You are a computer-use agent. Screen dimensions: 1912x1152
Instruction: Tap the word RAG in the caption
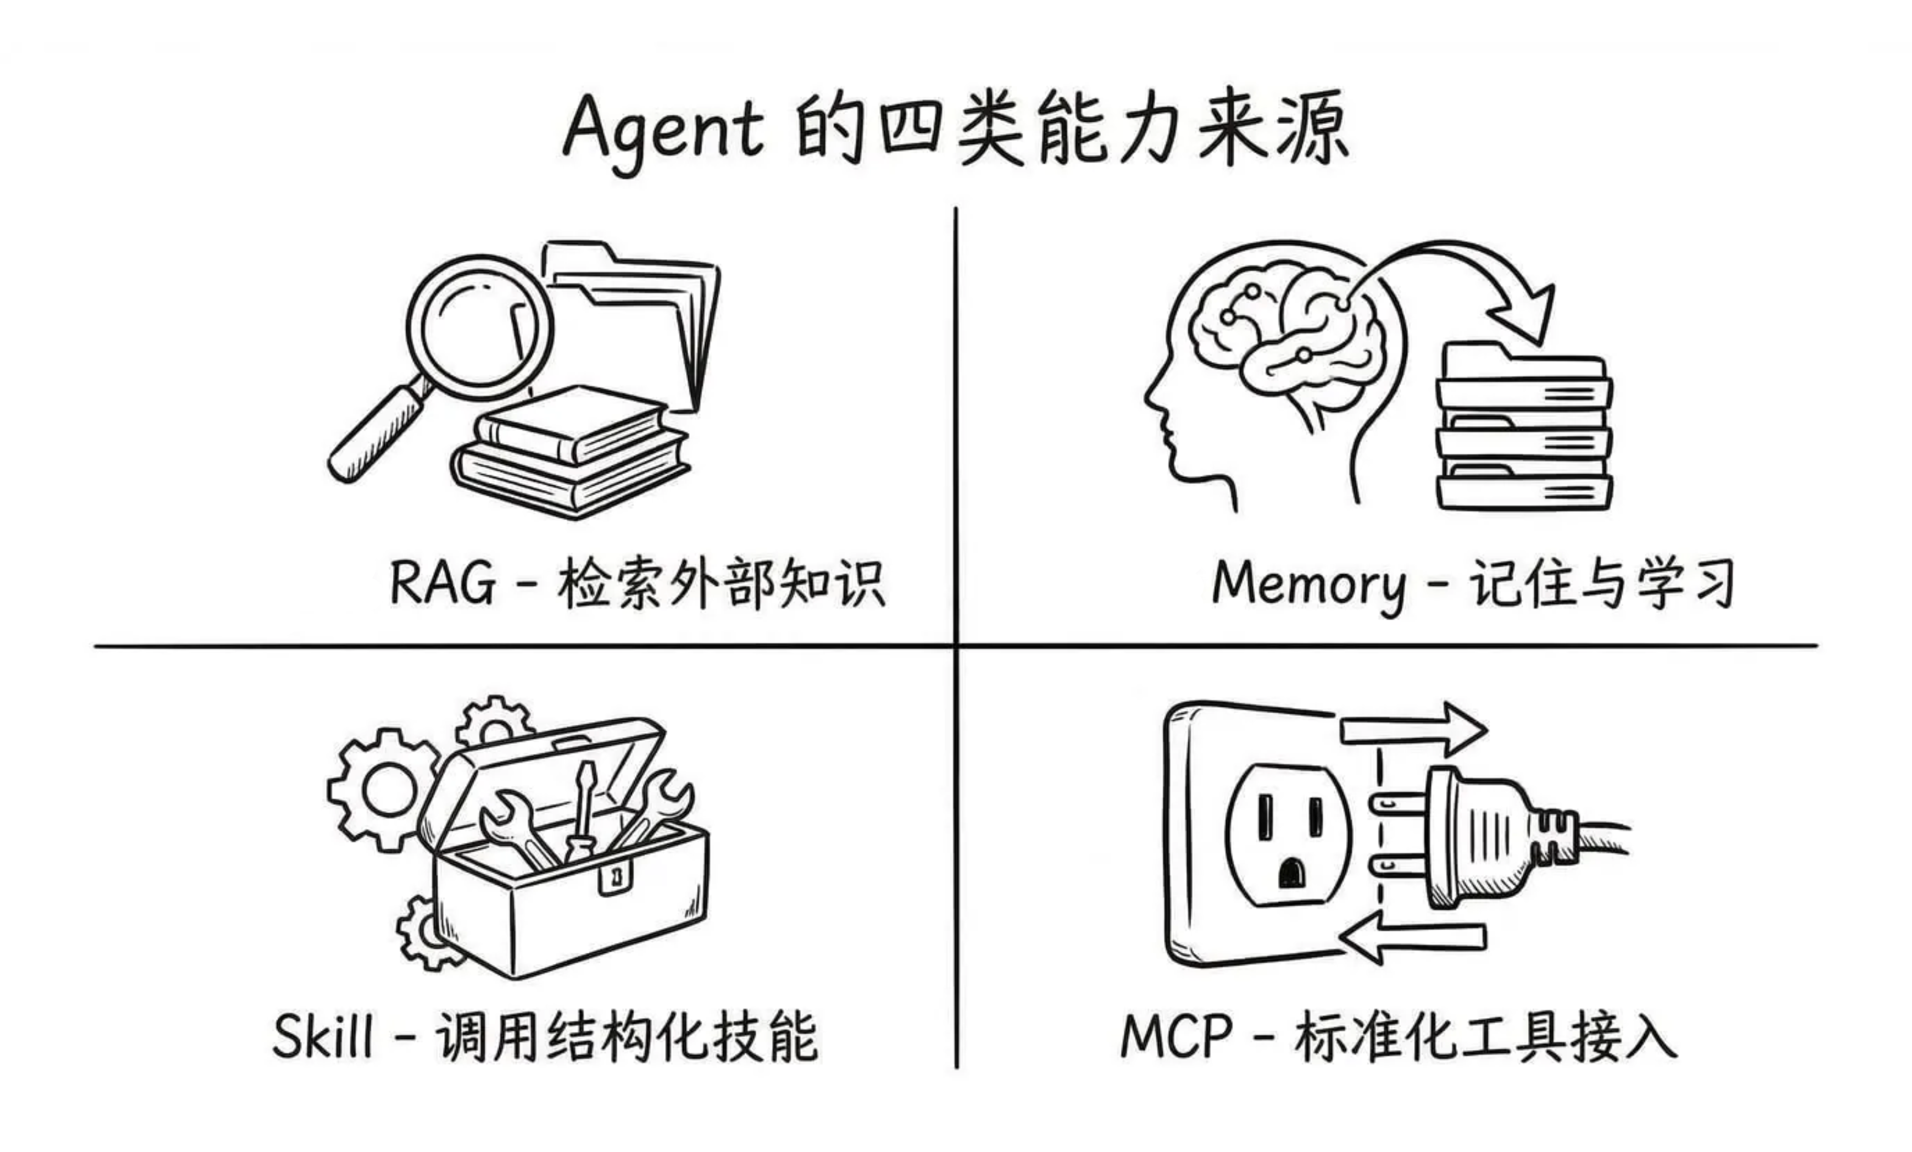(x=441, y=582)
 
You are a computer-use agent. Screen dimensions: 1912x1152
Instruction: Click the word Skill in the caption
(x=323, y=1036)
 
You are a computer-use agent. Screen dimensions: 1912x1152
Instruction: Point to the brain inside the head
(x=1288, y=326)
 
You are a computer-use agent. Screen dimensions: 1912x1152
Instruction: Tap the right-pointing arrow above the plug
(x=1412, y=730)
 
